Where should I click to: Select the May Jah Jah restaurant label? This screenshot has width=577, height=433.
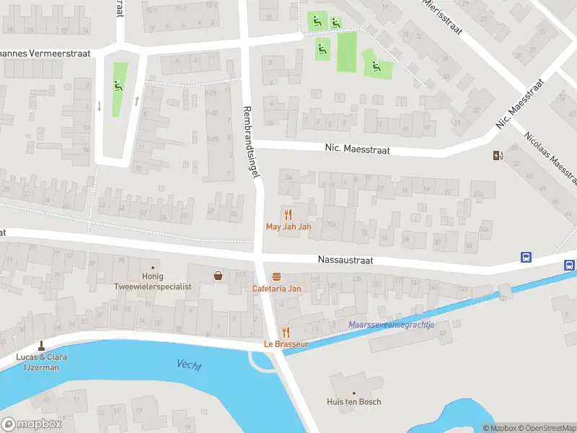click(x=288, y=227)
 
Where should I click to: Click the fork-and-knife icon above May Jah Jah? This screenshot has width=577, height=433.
click(x=288, y=214)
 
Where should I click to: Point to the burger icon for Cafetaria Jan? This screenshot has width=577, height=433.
click(x=276, y=276)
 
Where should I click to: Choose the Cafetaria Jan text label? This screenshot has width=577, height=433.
click(x=276, y=289)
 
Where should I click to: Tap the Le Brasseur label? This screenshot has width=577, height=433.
click(x=286, y=344)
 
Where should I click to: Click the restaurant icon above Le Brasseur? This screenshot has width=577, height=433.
click(x=286, y=332)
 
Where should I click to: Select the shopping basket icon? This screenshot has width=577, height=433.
click(x=218, y=275)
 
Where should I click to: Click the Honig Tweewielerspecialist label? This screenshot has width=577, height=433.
click(x=153, y=281)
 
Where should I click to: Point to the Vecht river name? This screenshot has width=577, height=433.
click(x=189, y=365)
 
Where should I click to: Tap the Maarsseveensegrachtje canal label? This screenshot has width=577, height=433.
click(x=391, y=325)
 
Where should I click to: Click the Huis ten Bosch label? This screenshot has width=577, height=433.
click(x=353, y=402)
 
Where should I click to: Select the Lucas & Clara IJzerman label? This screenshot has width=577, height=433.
click(x=40, y=362)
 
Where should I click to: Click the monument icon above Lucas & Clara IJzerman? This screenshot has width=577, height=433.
click(x=40, y=346)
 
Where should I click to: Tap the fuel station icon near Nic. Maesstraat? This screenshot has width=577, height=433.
click(x=497, y=155)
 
